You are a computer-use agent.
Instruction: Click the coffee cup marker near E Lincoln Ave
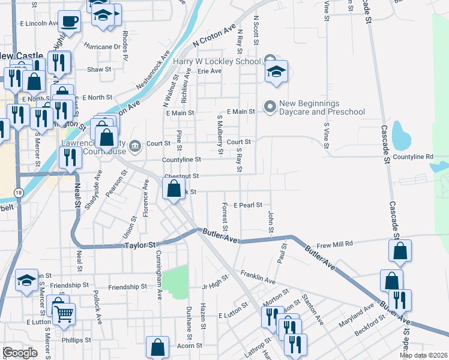coord(69,22)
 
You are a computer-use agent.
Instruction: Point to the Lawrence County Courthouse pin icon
coord(135,145)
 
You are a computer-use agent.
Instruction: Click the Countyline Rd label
coord(412,157)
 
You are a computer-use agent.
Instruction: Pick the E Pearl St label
coord(248,205)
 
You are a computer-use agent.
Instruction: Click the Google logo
coord(19,353)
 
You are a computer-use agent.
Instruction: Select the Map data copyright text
coord(423,355)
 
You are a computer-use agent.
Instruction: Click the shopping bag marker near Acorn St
coord(157,347)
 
